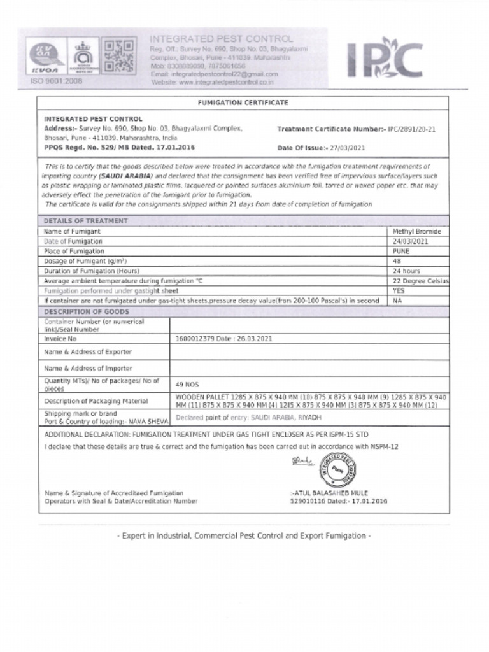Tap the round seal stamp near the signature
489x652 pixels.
click(x=337, y=470)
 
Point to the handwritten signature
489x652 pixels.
click(x=302, y=460)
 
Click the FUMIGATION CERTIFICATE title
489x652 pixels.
click(x=243, y=103)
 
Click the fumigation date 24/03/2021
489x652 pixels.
click(x=410, y=241)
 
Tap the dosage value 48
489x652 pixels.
click(x=397, y=261)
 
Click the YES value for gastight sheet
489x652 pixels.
click(x=399, y=290)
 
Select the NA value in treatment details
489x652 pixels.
click(x=397, y=300)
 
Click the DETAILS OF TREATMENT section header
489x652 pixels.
click(x=86, y=221)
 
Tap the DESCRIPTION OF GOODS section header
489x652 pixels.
click(x=87, y=311)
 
